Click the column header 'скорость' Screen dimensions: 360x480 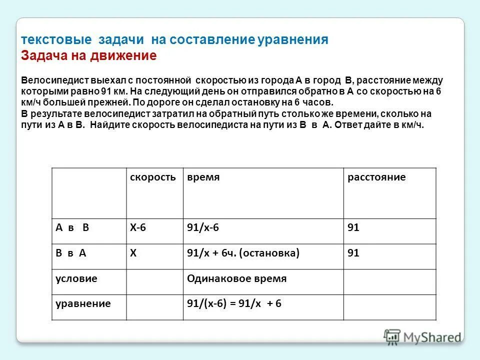[153, 177]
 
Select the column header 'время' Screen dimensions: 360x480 [203, 177]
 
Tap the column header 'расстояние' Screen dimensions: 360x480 [376, 177]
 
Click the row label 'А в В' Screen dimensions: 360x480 [72, 227]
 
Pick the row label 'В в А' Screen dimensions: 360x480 [71, 253]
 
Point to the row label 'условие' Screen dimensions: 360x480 [76, 278]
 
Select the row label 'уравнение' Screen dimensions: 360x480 [83, 303]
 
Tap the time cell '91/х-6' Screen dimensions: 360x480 [203, 227]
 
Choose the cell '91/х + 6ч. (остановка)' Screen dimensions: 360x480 [243, 253]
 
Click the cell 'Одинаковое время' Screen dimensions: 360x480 [236, 278]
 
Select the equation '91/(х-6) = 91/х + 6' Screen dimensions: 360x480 [234, 303]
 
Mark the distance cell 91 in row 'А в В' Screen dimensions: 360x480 [353, 227]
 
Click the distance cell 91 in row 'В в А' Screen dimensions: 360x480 [353, 253]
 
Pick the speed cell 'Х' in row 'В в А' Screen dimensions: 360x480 [133, 253]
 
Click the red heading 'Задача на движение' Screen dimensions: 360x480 [89, 55]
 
